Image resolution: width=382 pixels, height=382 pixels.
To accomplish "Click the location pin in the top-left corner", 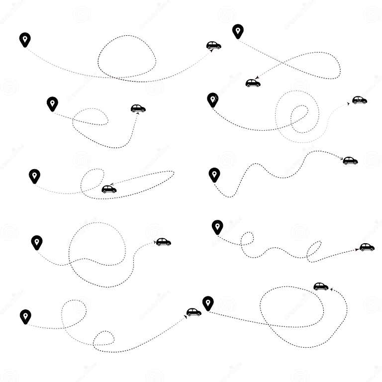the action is (x=25, y=39).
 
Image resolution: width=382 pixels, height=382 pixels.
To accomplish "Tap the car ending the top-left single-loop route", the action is (x=213, y=45).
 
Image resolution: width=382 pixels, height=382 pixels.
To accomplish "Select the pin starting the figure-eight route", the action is (x=238, y=31).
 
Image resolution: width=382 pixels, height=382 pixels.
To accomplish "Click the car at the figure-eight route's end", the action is (x=253, y=83).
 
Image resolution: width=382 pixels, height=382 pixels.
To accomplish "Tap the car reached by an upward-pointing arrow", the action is (x=138, y=108).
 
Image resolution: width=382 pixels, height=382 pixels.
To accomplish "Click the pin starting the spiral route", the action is (x=213, y=99).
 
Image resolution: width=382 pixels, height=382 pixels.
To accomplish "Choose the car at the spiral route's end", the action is (x=359, y=100).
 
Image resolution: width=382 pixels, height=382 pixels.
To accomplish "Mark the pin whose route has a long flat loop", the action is (x=34, y=176).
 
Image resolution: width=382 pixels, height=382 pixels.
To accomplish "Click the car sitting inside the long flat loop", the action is (x=109, y=189).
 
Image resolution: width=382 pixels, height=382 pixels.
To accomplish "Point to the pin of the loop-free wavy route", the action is (x=214, y=174).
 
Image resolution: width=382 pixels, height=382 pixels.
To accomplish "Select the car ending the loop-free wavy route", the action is (x=350, y=161).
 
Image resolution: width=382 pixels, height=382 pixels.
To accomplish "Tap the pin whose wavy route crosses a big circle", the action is (x=37, y=242).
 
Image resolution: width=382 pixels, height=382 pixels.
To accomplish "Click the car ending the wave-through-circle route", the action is (x=163, y=242).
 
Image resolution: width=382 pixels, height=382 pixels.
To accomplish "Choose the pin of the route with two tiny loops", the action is (x=217, y=227).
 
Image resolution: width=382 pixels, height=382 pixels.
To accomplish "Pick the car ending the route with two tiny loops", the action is (x=367, y=247).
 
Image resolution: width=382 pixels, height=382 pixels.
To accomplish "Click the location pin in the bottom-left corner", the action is (x=25, y=316).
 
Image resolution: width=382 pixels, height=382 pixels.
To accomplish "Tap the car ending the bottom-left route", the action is (x=193, y=312).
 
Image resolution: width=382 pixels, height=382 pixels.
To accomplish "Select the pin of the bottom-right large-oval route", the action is (x=208, y=302).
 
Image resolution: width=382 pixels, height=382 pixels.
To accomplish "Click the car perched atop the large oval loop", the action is (x=321, y=286).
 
